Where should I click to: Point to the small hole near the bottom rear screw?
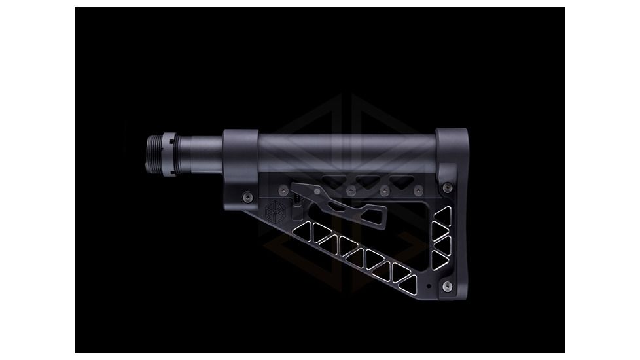coord(428,286)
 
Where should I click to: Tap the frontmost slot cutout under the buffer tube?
coord(334,180)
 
